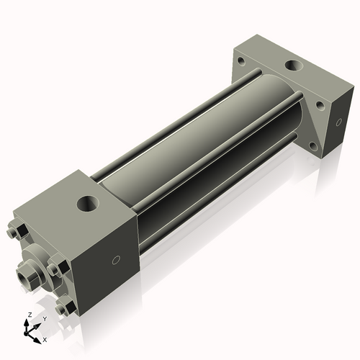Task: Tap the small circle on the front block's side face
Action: point(115,260)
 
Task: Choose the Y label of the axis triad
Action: point(44,318)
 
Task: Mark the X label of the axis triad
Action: point(45,338)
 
